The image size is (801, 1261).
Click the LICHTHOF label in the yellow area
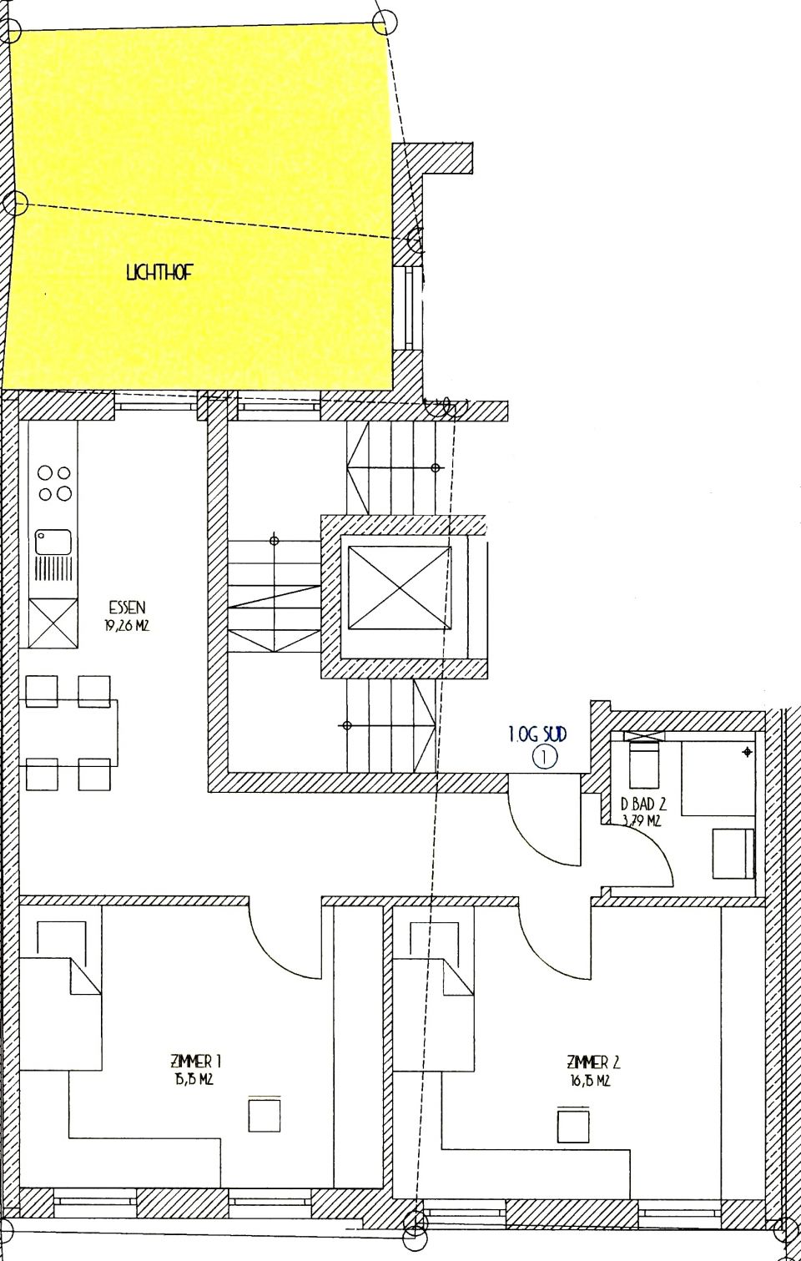pos(159,273)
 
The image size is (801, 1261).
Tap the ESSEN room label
pos(127,608)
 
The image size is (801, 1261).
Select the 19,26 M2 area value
pos(127,625)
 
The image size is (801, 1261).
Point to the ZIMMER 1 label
pos(195,1062)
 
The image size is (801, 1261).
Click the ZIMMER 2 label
pos(592,1062)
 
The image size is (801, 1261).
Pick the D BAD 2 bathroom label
pos(643,805)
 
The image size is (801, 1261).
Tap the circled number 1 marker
pos(543,758)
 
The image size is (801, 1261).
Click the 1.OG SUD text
pos(537,735)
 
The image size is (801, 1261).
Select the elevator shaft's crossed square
pos(398,588)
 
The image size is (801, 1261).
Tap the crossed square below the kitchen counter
pos(53,621)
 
